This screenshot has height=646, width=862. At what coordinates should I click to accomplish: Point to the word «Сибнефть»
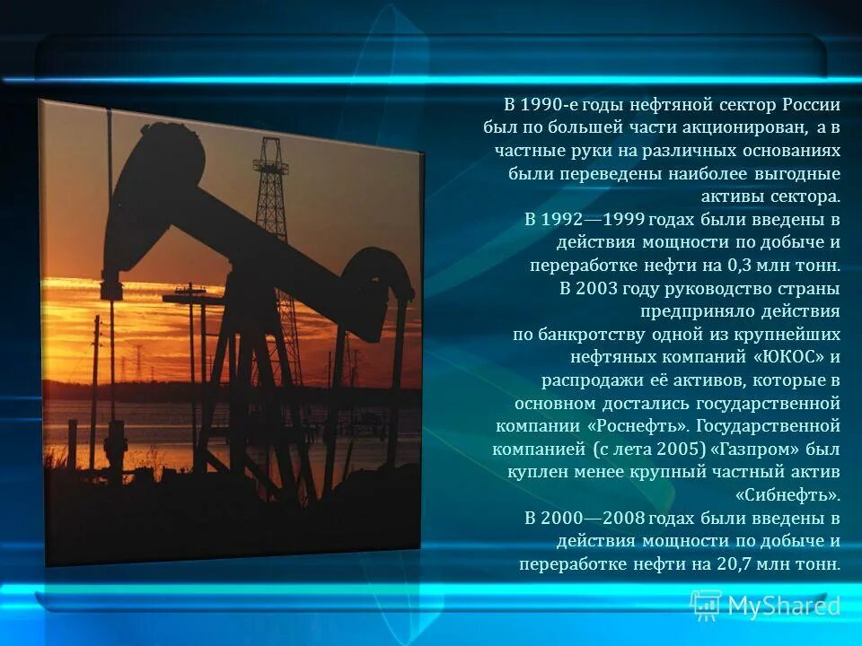click(787, 494)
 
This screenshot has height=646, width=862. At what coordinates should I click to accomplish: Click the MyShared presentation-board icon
click(705, 606)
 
